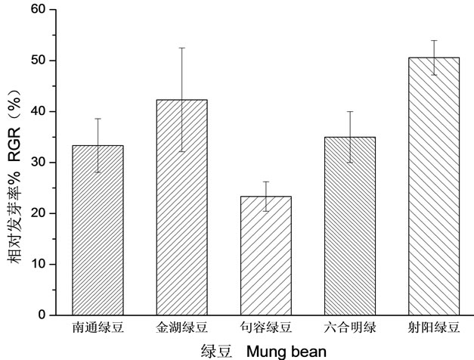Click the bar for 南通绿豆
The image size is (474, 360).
coord(98,230)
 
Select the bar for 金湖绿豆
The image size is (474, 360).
coord(181,207)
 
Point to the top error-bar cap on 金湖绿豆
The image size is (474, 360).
coord(181,48)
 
